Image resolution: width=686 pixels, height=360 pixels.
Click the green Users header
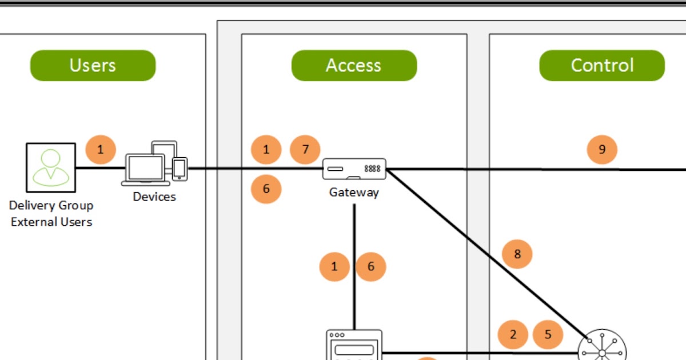[93, 65]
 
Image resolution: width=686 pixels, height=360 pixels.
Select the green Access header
[354, 65]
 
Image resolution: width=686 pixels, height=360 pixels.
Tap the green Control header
[602, 65]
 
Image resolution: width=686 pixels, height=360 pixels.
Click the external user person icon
[51, 167]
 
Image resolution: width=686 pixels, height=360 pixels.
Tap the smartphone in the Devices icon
[180, 168]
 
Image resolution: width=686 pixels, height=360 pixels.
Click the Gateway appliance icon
[354, 169]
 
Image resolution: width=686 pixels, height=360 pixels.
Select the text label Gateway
[354, 193]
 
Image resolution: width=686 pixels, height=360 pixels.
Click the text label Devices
[154, 197]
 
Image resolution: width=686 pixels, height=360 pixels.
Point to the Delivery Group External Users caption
[51, 213]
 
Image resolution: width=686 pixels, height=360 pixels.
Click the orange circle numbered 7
[305, 150]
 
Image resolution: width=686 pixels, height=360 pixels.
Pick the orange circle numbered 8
[517, 254]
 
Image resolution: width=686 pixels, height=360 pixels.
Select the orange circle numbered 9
[602, 150]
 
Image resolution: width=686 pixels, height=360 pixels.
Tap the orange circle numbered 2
[513, 334]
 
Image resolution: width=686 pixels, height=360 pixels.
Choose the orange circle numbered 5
[548, 334]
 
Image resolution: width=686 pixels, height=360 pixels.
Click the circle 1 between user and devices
[101, 150]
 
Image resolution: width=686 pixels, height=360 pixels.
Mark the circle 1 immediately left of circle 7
[266, 150]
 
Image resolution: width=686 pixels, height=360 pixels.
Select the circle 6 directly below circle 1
[266, 189]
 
